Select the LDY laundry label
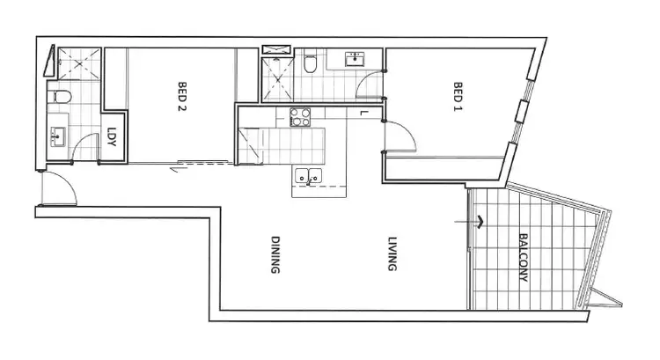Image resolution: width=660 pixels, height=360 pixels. tap(113, 139)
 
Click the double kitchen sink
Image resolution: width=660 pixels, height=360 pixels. tap(306, 176)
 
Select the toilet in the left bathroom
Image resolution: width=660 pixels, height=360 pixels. tap(58, 97)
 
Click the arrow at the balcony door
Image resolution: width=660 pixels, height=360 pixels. tap(480, 221)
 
